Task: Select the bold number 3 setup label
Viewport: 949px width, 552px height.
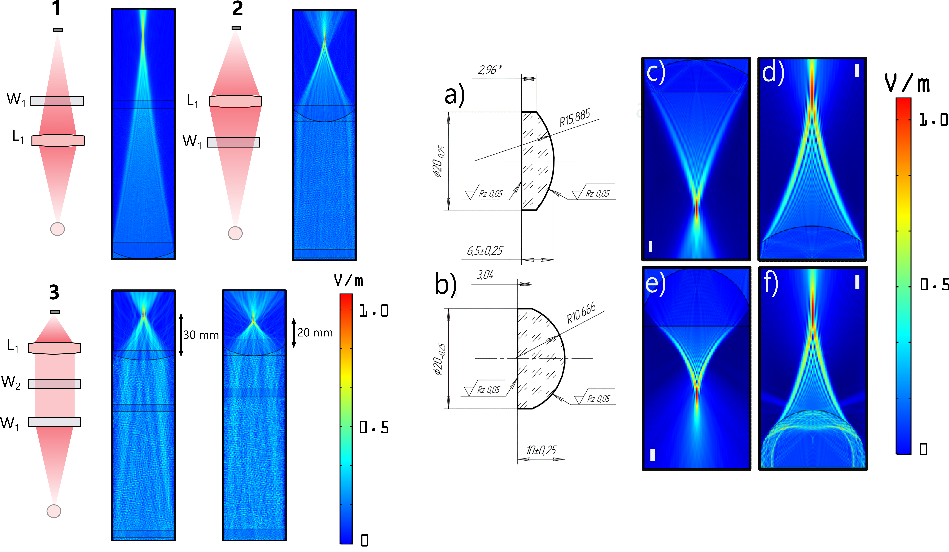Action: (54, 292)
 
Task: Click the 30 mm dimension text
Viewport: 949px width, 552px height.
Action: (201, 335)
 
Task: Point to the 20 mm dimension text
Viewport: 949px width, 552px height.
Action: (315, 333)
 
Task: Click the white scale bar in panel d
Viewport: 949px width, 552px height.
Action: (857, 70)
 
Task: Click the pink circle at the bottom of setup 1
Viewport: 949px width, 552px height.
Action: (58, 229)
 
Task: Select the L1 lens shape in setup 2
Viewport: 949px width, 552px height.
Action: (235, 101)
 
